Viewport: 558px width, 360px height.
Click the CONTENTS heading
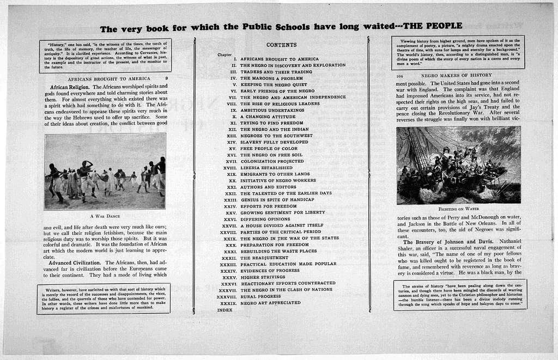point(281,45)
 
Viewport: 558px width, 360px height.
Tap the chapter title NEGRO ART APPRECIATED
point(270,302)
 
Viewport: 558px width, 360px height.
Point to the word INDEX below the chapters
point(225,310)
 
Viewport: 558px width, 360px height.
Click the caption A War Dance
point(105,216)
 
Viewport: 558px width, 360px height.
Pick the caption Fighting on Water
point(458,209)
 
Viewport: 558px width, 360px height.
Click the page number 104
point(400,75)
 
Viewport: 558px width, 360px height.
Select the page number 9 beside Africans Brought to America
point(166,78)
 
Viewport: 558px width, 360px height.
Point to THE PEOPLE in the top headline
point(433,26)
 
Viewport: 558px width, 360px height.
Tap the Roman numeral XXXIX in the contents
point(228,303)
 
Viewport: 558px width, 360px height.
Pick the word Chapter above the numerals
point(225,54)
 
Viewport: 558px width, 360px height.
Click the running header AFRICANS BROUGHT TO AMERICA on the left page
point(108,78)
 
